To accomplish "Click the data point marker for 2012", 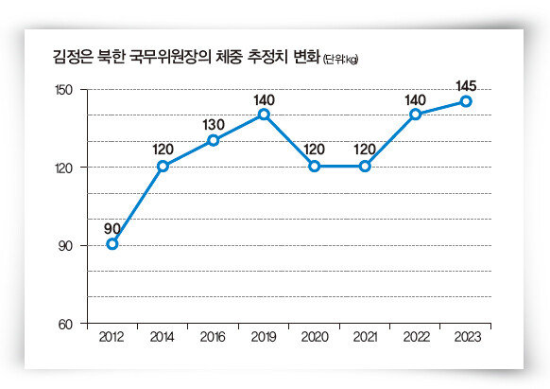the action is (112, 244).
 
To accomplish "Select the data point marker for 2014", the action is (163, 167).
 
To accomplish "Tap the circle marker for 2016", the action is (214, 141).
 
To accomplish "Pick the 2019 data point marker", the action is (264, 115).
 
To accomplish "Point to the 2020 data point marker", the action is (315, 167).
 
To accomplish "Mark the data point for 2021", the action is (365, 167).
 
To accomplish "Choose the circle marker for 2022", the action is (415, 115).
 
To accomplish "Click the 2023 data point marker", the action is (466, 101).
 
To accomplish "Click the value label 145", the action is (466, 86).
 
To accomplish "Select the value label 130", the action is (214, 125).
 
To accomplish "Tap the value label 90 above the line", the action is (112, 229).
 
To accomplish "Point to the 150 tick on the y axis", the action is (64, 90).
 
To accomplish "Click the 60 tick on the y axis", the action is (65, 325).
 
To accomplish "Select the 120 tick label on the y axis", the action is (64, 168).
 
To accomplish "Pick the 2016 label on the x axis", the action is (213, 337).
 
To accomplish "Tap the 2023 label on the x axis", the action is (467, 337).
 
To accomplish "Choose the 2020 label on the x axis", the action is (315, 337).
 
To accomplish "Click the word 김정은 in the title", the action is (73, 57).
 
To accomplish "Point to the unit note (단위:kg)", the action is (340, 60).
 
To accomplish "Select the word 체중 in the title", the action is (229, 57).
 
